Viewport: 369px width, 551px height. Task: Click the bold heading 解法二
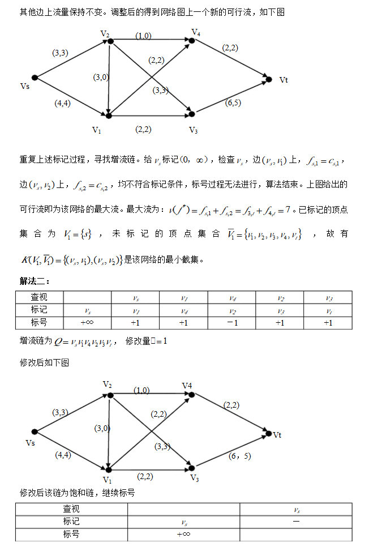pyautogui.click(x=36, y=281)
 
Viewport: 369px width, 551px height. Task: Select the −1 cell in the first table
pyautogui.click(x=231, y=323)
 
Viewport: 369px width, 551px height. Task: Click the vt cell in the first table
pyautogui.click(x=328, y=310)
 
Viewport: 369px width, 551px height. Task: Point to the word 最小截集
pyautogui.click(x=184, y=260)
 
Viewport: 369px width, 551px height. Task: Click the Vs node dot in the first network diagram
pyautogui.click(x=35, y=78)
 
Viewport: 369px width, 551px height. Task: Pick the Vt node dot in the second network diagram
pyautogui.click(x=268, y=434)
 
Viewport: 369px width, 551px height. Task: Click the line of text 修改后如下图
pyautogui.click(x=45, y=362)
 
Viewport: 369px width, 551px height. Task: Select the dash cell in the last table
pyautogui.click(x=296, y=521)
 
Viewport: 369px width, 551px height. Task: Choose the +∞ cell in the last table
pyautogui.click(x=183, y=534)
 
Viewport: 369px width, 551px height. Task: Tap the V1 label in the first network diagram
pyautogui.click(x=97, y=130)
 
